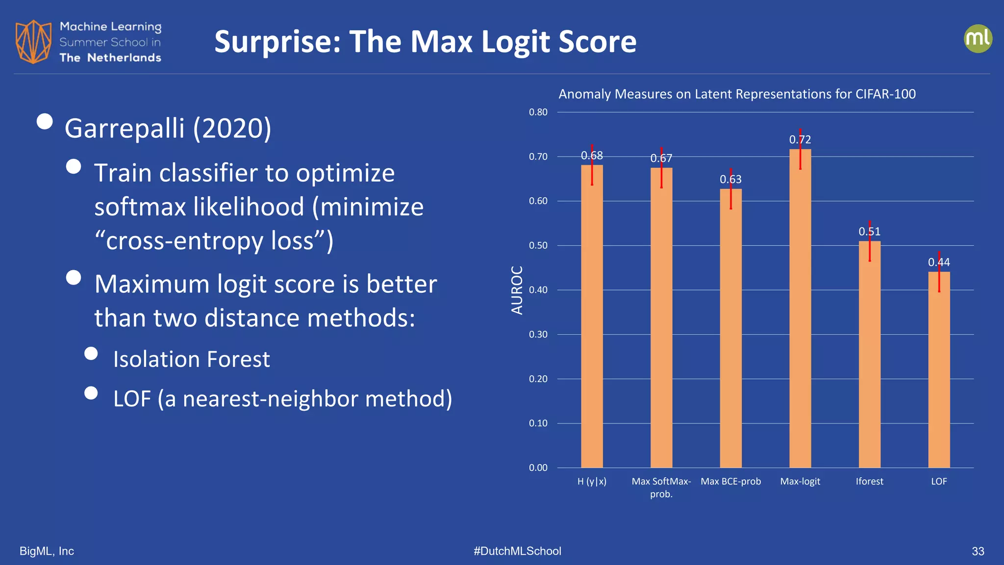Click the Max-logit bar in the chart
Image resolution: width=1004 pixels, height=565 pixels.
point(800,309)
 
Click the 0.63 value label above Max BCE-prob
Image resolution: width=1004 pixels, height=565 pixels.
point(730,180)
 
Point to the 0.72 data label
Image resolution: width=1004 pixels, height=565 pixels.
point(800,140)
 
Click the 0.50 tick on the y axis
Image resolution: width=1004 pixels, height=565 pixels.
point(538,246)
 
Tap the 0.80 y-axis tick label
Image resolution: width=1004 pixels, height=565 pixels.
point(538,112)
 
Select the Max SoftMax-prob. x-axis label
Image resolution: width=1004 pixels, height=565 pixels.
point(661,488)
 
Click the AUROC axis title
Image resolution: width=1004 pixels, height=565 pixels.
point(517,290)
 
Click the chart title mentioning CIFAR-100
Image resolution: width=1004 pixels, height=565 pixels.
point(737,94)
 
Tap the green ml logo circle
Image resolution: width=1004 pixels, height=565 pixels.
point(978,39)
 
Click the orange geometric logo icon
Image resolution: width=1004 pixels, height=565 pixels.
point(33,42)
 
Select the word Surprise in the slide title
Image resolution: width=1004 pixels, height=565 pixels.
point(277,42)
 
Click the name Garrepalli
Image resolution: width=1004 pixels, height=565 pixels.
point(125,128)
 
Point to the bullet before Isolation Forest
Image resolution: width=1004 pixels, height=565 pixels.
point(91,354)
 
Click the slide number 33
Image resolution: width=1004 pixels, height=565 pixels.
point(978,551)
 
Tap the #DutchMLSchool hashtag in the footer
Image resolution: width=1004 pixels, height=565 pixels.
point(517,551)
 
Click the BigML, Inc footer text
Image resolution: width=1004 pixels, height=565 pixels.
point(47,551)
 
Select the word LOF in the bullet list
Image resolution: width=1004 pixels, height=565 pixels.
point(132,399)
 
